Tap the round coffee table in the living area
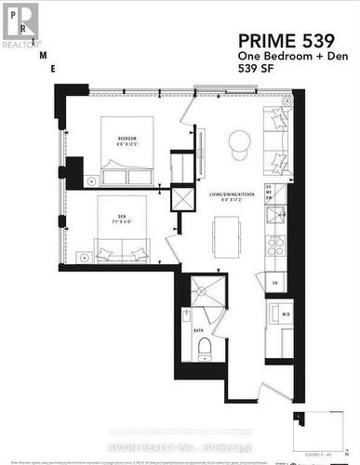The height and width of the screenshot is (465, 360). pyautogui.click(x=239, y=140)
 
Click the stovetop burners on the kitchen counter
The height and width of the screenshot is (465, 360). pyautogui.click(x=275, y=246)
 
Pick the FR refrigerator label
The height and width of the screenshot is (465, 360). pyautogui.click(x=275, y=282)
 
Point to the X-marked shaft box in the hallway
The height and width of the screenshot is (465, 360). pyautogui.click(x=183, y=200)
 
